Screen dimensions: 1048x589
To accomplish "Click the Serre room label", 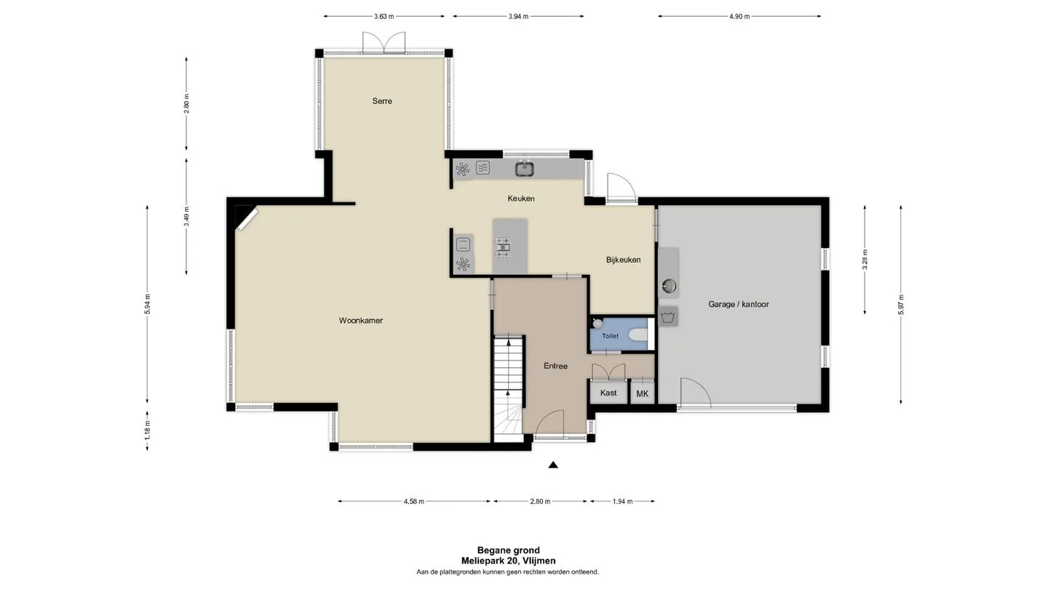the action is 382,101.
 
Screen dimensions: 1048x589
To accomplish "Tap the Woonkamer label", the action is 361,321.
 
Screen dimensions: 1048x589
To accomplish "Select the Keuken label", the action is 521,199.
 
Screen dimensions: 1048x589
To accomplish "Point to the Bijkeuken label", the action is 623,260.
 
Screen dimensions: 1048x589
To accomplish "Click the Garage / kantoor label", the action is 738,304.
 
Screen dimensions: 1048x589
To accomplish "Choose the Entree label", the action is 555,366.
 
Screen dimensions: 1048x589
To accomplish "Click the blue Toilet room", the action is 619,334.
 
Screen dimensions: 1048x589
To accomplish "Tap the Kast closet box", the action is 608,393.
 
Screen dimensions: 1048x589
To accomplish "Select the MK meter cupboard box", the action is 643,393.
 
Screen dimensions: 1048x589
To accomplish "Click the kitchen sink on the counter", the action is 525,169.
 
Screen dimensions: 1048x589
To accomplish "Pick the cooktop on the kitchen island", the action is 503,248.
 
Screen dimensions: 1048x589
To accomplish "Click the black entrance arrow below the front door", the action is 553,465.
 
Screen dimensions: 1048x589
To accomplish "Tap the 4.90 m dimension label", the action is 739,16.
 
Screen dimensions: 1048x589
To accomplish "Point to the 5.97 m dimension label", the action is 901,305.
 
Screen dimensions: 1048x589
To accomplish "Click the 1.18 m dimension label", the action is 147,431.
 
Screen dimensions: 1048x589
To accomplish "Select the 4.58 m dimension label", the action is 413,502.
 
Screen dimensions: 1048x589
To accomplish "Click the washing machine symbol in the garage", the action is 668,316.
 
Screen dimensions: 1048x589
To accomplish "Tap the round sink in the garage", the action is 669,285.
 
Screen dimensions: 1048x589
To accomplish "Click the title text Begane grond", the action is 508,550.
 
